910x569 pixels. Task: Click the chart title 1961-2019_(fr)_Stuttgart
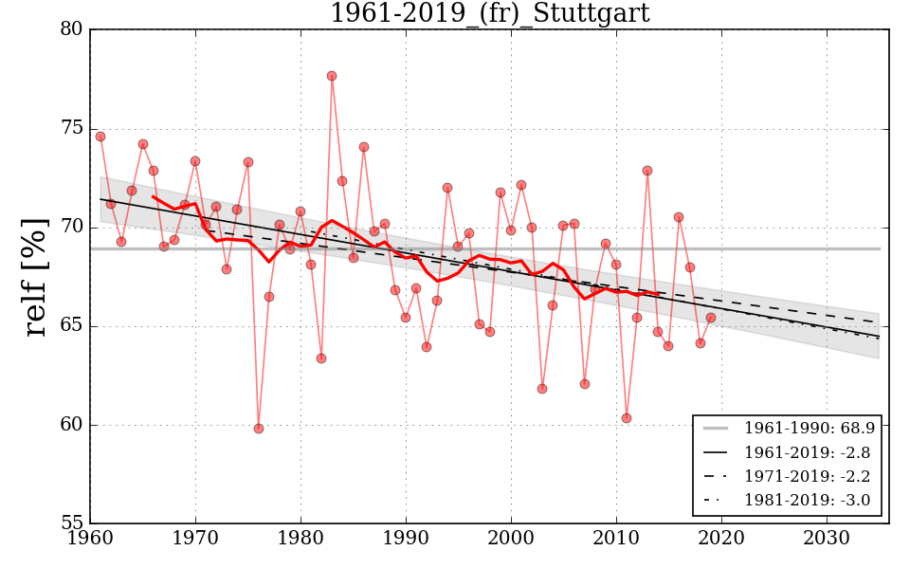(x=489, y=13)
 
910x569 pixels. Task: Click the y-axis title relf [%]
(x=35, y=277)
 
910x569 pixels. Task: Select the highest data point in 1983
(x=332, y=76)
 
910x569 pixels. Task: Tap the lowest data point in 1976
(x=259, y=429)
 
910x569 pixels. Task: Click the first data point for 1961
(x=100, y=137)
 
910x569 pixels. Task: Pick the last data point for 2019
(x=711, y=318)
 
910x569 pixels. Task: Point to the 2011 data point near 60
(x=627, y=418)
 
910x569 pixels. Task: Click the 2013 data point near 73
(x=647, y=171)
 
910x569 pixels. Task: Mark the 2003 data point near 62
(x=542, y=389)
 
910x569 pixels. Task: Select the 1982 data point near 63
(x=321, y=358)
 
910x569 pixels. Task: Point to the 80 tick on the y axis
(x=72, y=30)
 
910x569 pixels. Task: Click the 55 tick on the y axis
(x=72, y=523)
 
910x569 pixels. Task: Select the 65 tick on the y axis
(x=72, y=326)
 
